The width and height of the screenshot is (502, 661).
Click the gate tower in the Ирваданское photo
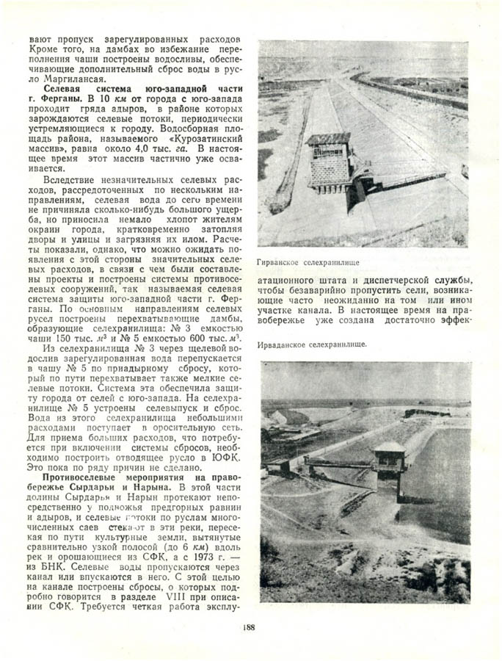(x=389, y=459)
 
